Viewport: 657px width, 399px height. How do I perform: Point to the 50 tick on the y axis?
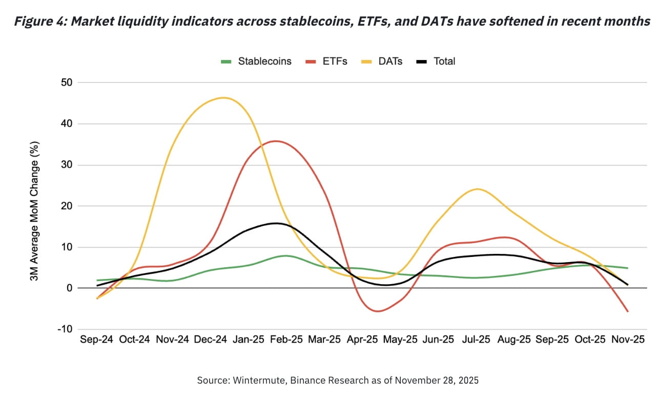[67, 83]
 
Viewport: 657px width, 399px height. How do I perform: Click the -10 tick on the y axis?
[65, 329]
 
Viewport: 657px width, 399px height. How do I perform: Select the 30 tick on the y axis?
[67, 165]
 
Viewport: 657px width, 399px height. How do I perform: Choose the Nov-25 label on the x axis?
[628, 340]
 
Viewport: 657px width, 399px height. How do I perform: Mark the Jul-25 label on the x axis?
[476, 340]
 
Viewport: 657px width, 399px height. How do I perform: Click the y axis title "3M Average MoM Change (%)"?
[35, 205]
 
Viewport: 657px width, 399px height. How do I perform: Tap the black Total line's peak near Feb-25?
[276, 223]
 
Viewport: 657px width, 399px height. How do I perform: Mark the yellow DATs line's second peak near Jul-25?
[477, 189]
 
